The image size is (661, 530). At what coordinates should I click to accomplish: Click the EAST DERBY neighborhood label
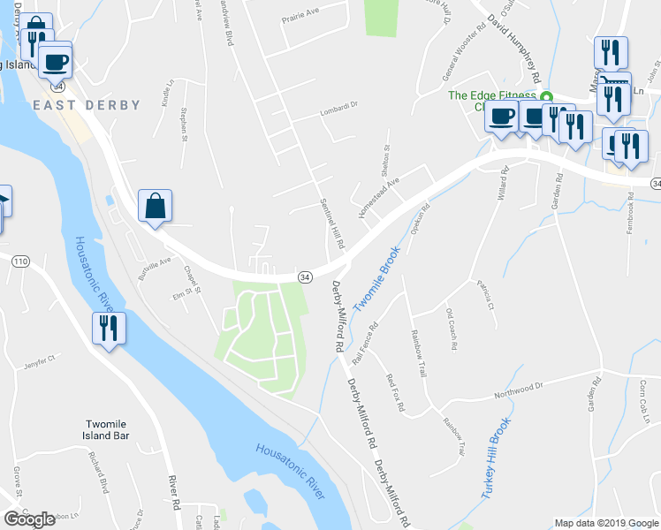click(x=87, y=105)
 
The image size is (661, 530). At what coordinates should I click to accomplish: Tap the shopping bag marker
click(x=155, y=206)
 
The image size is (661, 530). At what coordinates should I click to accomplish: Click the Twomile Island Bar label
click(x=108, y=429)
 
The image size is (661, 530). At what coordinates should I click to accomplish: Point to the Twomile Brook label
click(x=378, y=277)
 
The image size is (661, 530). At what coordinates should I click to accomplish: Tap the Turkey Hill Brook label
click(x=496, y=460)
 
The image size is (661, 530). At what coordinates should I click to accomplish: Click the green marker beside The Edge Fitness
click(x=546, y=96)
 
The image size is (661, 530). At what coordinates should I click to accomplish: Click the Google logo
click(x=29, y=519)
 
